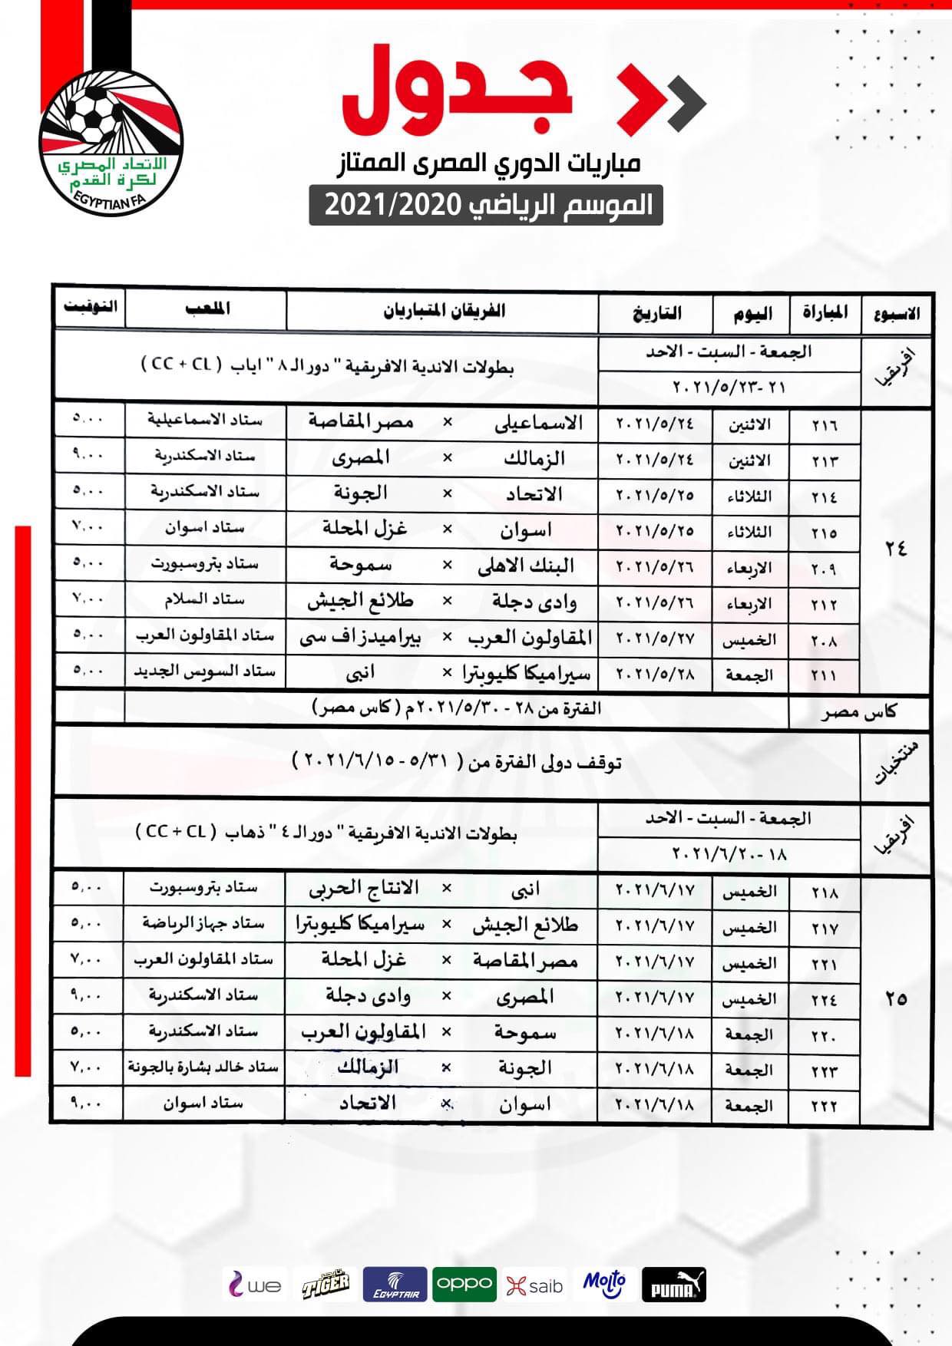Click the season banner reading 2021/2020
tap(486, 206)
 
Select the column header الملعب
tap(207, 309)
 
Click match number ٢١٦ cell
tap(824, 425)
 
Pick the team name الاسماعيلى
tap(538, 423)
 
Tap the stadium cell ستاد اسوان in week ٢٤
tap(203, 529)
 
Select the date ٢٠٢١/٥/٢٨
tap(655, 675)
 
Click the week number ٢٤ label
tap(895, 549)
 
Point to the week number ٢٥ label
tap(895, 999)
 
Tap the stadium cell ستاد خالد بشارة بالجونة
tap(203, 1067)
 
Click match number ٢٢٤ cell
tap(824, 999)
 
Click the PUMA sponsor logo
tap(673, 1284)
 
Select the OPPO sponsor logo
tap(464, 1284)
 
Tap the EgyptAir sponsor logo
tap(395, 1284)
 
